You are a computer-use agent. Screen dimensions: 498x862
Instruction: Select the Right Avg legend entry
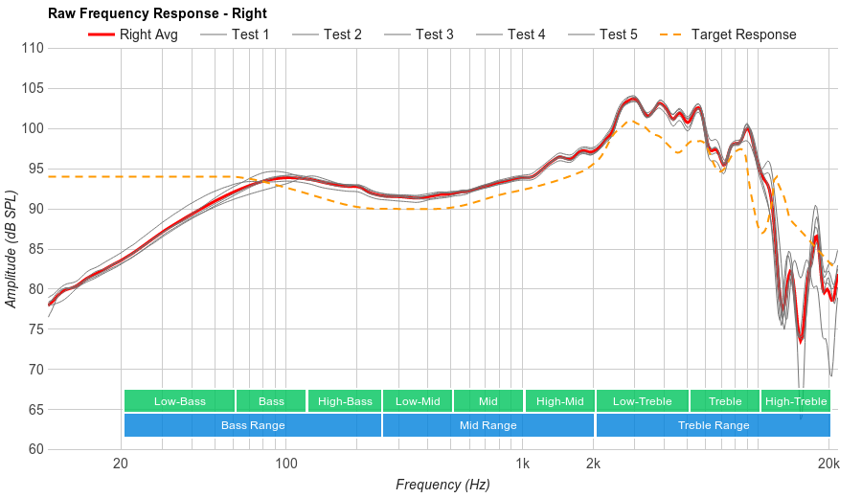[134, 34]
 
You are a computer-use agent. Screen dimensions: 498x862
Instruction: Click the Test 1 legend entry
[236, 34]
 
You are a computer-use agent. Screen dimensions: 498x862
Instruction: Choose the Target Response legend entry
[729, 34]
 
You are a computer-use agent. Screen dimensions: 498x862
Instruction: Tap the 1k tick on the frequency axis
[523, 464]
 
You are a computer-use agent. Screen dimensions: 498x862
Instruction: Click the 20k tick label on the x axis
[828, 464]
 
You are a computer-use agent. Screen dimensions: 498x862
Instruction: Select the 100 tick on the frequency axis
[286, 464]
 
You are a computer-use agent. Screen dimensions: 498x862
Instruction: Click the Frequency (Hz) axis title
[442, 485]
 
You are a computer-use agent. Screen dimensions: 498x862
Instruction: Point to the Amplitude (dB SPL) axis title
[11, 249]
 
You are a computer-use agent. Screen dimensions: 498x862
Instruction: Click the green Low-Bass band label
[179, 401]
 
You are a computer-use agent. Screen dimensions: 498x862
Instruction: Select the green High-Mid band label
[559, 401]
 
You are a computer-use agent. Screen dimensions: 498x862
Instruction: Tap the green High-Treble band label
[796, 401]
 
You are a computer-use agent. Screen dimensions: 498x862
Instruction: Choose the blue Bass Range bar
[253, 425]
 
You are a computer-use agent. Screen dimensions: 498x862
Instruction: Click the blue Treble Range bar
[714, 425]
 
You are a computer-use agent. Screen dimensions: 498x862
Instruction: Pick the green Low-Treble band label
[642, 401]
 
